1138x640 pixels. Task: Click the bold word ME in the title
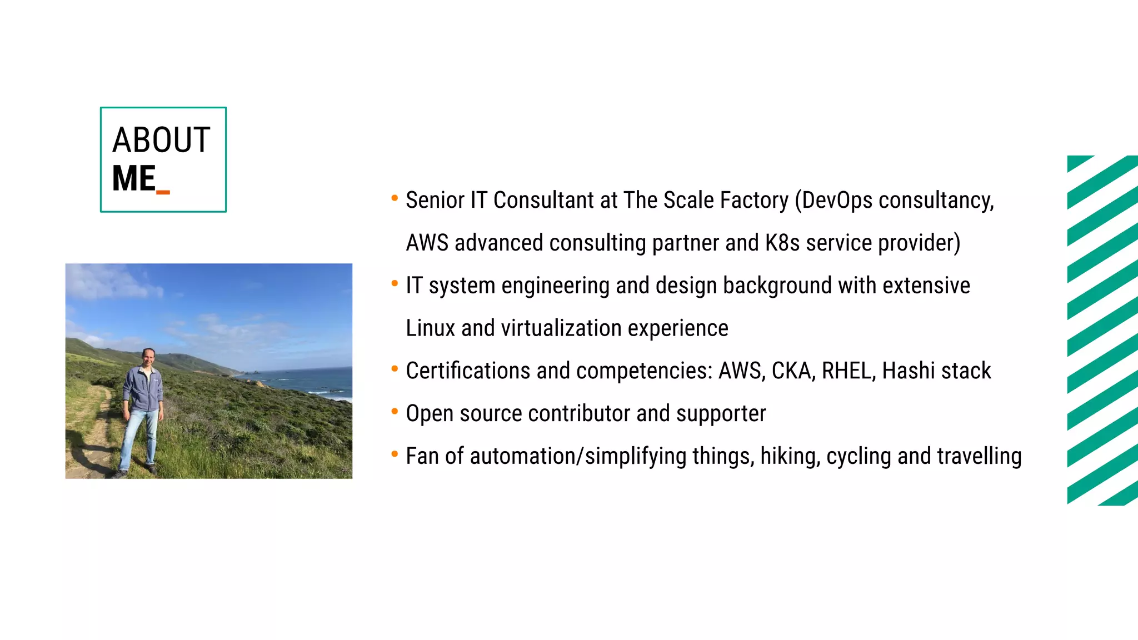[x=133, y=178]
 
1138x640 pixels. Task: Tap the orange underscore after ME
[x=163, y=192]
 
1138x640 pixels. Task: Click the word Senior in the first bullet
[x=435, y=200]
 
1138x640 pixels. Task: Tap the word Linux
[x=431, y=328]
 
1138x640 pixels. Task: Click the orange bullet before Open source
[x=395, y=411]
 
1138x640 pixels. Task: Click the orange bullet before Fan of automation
[x=395, y=454]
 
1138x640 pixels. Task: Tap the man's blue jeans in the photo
[x=139, y=436]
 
